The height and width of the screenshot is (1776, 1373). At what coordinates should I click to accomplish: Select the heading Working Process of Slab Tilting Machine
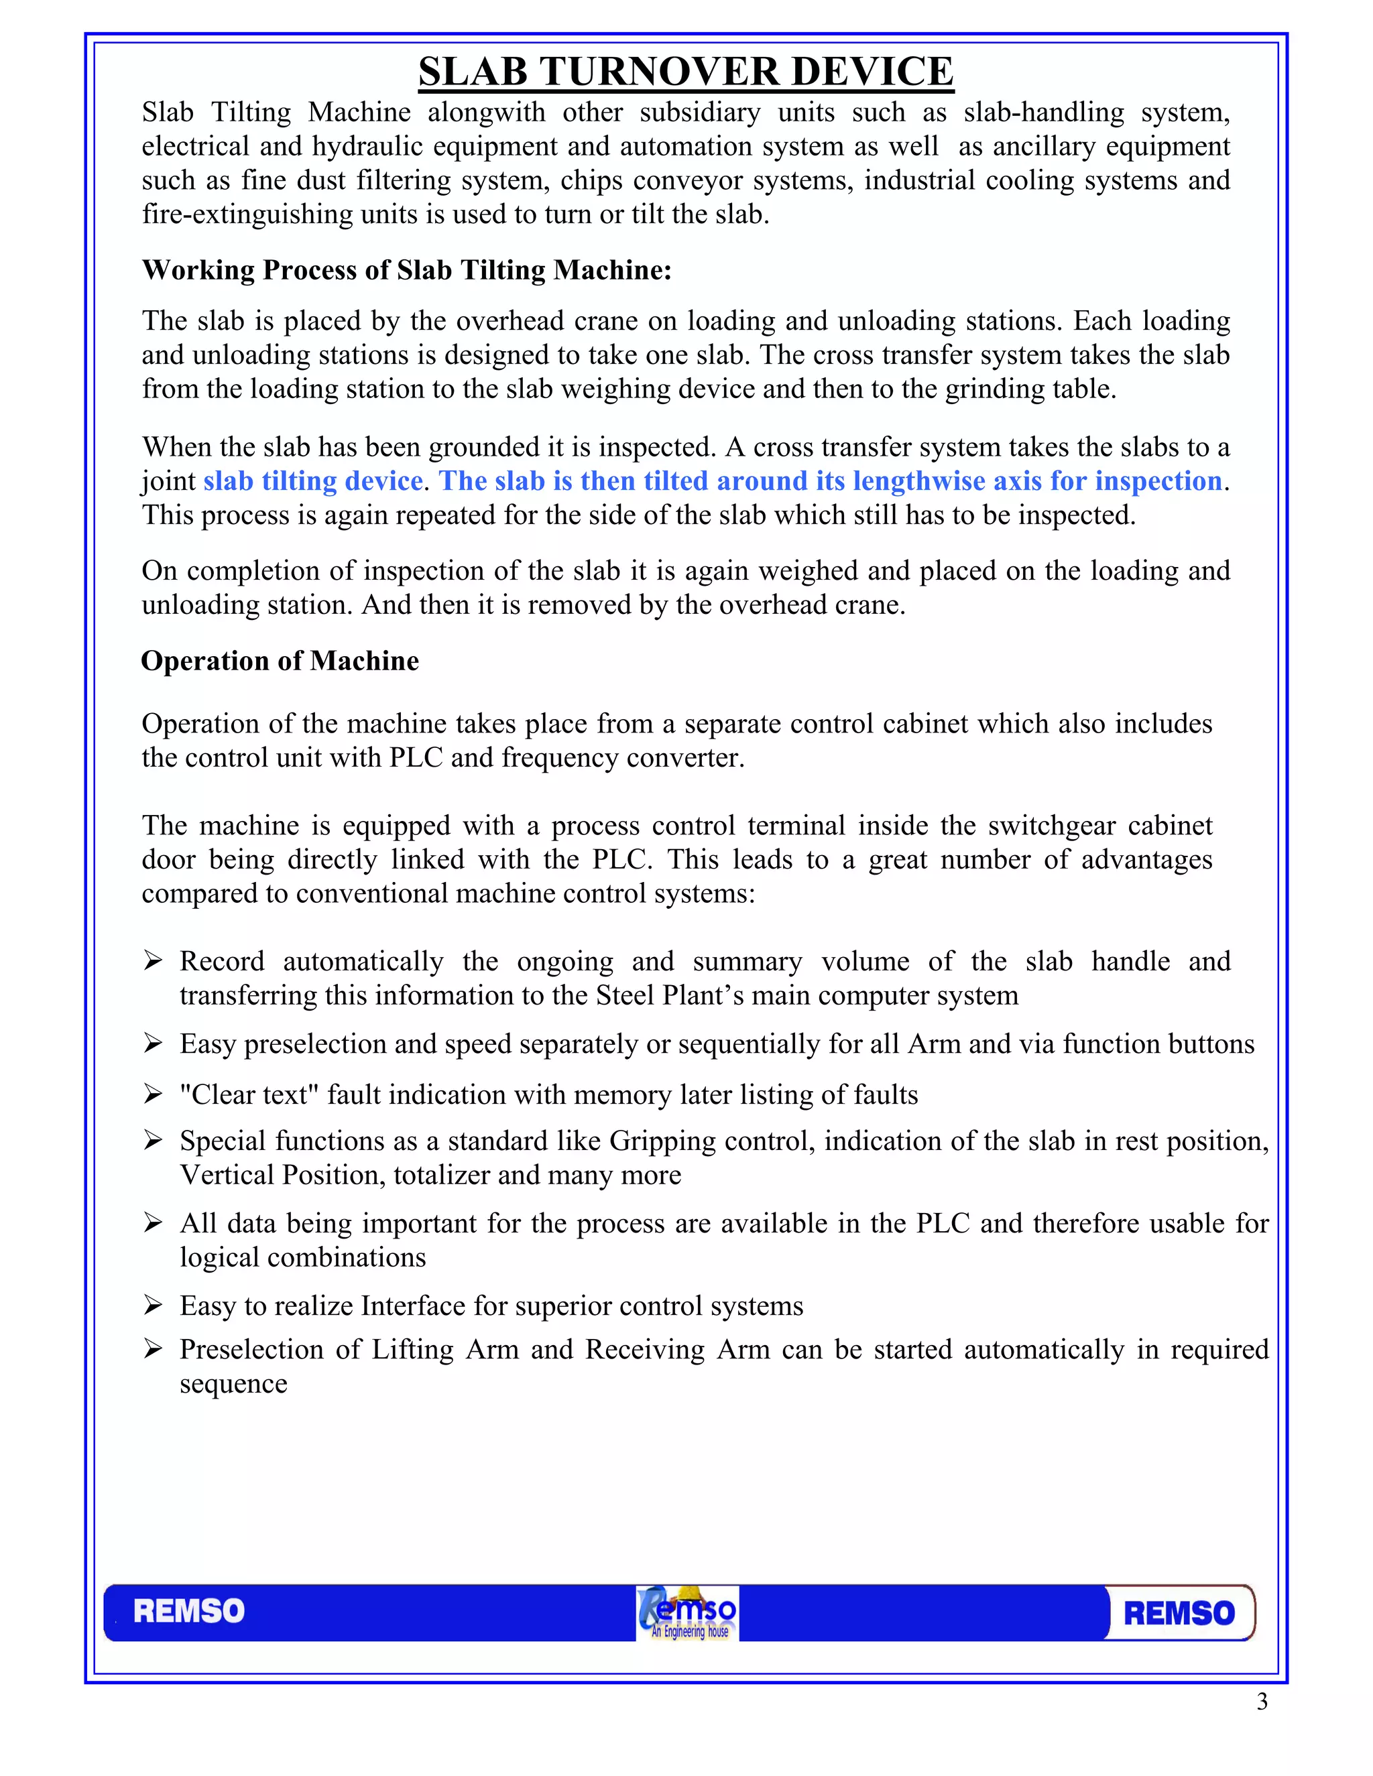click(407, 270)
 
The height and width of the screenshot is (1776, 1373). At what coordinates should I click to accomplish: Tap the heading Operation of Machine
click(280, 660)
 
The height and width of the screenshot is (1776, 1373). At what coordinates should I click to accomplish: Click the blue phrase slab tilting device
click(312, 481)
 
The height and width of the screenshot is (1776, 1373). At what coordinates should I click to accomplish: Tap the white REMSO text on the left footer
click(188, 1612)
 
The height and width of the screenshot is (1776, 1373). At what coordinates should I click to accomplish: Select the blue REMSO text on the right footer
click(1179, 1613)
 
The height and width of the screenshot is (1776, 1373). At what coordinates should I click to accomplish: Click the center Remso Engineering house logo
click(687, 1612)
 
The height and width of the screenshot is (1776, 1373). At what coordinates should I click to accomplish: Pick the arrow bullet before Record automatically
click(152, 960)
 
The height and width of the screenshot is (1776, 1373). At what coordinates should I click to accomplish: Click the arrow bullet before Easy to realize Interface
click(152, 1305)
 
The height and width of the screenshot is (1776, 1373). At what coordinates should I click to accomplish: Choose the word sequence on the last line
click(233, 1383)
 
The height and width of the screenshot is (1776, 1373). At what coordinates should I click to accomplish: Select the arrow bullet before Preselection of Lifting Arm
click(152, 1349)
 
